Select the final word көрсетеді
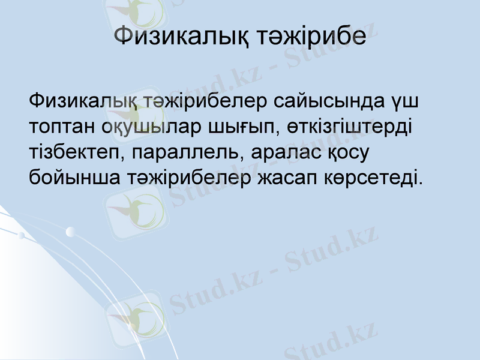(x=375, y=178)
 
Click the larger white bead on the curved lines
(x=71, y=232)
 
